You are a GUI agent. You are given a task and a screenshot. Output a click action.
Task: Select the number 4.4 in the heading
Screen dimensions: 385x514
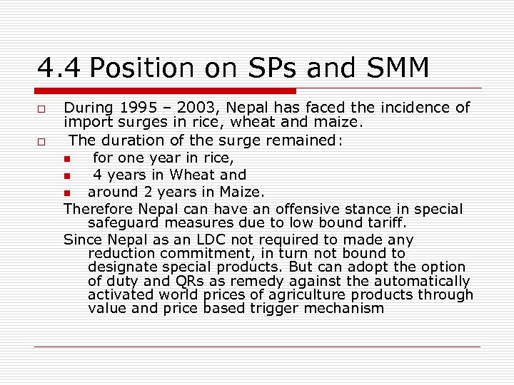click(x=59, y=68)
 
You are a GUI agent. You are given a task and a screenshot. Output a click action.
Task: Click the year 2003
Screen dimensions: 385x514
click(x=197, y=108)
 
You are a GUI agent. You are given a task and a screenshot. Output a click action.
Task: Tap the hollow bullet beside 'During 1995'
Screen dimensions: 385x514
click(x=43, y=108)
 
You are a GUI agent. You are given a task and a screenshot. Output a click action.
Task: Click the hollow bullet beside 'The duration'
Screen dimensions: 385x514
click(x=43, y=141)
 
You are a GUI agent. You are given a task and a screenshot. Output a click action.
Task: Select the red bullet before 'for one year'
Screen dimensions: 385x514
click(x=66, y=158)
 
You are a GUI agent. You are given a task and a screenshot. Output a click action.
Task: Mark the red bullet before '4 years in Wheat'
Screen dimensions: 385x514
click(x=66, y=175)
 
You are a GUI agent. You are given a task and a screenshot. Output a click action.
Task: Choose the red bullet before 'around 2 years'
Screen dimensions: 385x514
click(x=66, y=192)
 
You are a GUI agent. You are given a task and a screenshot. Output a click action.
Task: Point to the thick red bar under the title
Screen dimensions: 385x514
click(x=166, y=91)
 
